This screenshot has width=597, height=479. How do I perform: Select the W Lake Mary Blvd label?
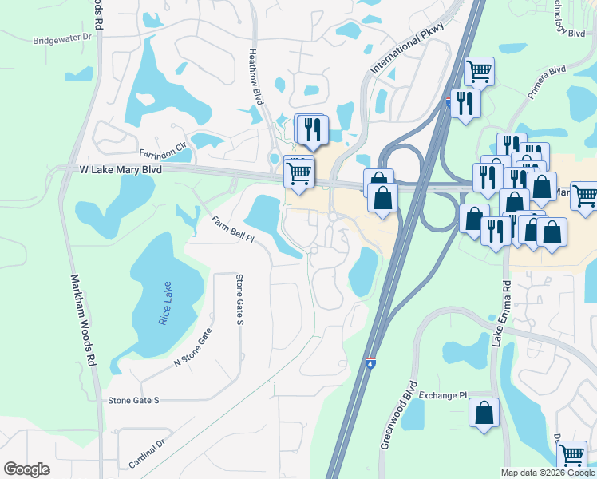click(x=120, y=170)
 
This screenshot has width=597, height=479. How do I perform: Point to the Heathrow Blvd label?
click(x=255, y=77)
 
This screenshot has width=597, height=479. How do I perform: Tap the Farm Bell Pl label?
click(x=232, y=228)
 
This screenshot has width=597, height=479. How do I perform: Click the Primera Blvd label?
click(x=546, y=82)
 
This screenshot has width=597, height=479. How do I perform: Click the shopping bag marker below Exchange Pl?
click(x=484, y=413)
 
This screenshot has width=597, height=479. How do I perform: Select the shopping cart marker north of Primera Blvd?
click(x=479, y=71)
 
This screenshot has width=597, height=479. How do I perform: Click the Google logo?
click(x=27, y=469)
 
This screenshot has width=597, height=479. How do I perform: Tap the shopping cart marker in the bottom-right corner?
click(x=571, y=455)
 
